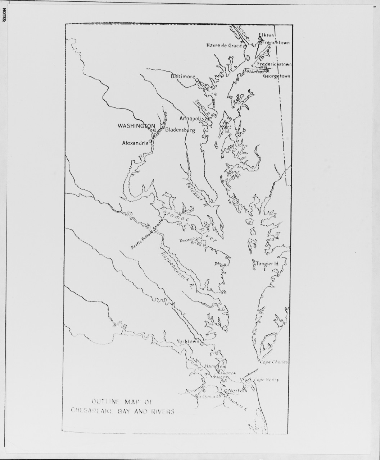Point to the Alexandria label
click(x=135, y=143)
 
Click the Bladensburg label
click(x=180, y=130)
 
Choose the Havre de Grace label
click(x=224, y=45)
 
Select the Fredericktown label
click(x=274, y=64)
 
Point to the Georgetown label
click(x=276, y=76)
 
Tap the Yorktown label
click(x=188, y=342)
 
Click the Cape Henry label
click(x=266, y=379)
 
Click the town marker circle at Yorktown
click(x=202, y=344)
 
